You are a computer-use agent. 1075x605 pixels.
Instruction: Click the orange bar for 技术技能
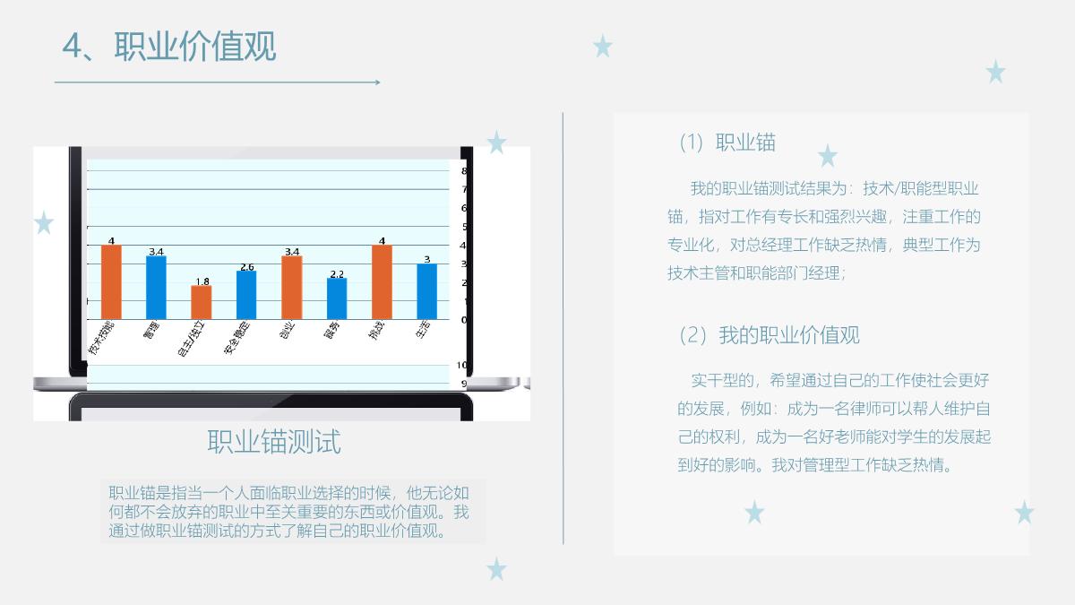111,281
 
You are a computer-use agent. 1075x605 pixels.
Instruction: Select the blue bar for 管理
156,287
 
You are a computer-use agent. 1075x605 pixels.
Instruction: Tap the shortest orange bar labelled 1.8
202,302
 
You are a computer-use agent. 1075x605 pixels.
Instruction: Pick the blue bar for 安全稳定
246,295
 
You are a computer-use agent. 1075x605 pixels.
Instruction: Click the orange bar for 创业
291,287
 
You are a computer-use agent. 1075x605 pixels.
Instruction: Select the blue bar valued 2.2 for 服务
337,298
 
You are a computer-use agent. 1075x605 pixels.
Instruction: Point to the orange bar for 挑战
382,281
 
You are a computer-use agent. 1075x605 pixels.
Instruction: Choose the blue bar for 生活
427,291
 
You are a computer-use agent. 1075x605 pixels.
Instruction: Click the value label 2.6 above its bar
246,266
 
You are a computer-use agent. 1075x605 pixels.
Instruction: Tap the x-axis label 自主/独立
192,338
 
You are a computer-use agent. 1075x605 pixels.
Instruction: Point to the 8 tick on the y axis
464,171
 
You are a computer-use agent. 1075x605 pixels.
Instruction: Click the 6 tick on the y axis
464,208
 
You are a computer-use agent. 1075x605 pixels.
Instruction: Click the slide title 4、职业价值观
169,46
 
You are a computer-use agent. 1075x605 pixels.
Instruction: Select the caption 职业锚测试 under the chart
274,442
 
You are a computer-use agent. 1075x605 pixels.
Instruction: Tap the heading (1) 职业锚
727,142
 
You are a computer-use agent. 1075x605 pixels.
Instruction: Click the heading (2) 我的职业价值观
769,335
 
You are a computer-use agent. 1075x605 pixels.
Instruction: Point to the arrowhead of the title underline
377,82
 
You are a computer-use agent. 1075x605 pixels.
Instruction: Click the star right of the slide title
603,46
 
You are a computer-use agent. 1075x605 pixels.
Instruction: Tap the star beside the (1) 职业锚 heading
827,156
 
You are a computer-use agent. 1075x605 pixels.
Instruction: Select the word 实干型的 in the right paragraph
722,380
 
